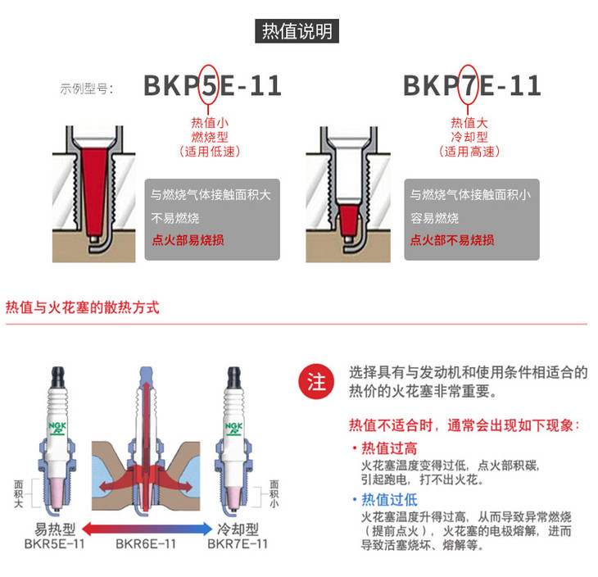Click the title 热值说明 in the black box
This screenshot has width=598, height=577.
297,31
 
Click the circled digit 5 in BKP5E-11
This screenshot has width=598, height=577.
209,85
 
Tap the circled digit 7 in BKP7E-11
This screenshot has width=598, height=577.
468,85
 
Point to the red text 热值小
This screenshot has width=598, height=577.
210,122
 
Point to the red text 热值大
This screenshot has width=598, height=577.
469,122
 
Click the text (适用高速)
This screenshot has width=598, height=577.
469,152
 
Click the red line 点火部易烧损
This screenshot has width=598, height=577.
188,240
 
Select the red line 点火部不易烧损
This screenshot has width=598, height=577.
452,240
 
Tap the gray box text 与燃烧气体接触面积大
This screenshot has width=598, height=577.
211,194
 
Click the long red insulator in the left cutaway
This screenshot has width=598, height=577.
93,189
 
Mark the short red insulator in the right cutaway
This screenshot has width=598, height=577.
348,220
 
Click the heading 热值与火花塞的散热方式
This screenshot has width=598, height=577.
83,307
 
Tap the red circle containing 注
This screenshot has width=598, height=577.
316,381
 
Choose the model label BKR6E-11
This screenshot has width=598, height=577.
146,543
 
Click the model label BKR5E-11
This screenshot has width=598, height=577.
55,543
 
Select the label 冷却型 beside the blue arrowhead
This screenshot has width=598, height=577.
238,529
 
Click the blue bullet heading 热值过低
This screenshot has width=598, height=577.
389,499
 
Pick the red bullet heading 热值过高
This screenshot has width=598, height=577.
389,448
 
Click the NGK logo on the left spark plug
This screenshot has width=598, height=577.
57,428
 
